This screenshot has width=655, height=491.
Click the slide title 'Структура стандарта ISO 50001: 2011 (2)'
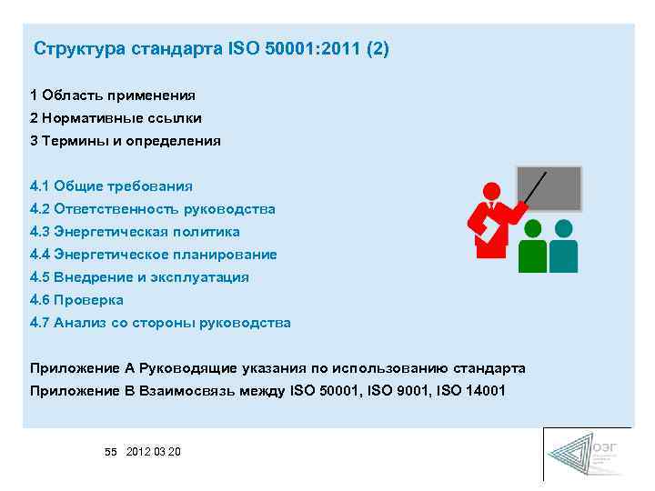pyautogui.click(x=211, y=48)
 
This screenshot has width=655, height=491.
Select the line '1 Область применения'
pyautogui.click(x=113, y=95)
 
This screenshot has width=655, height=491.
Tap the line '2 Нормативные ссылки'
pyautogui.click(x=116, y=118)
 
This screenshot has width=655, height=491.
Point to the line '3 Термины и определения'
pyautogui.click(x=126, y=141)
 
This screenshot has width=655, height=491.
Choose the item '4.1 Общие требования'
pyautogui.click(x=111, y=186)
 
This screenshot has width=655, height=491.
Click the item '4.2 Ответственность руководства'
pyautogui.click(x=152, y=209)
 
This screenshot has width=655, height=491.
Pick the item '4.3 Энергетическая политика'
pyautogui.click(x=135, y=232)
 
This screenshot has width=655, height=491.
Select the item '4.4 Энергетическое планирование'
pyautogui.click(x=153, y=255)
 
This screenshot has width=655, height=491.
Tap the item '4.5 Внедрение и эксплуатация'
pyautogui.click(x=139, y=277)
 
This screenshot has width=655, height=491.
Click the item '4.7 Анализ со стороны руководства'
pyautogui.click(x=160, y=323)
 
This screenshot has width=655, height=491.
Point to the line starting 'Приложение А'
pyautogui.click(x=277, y=368)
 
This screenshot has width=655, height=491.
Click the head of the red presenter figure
pyautogui.click(x=491, y=192)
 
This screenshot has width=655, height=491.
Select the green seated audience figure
pyautogui.click(x=532, y=246)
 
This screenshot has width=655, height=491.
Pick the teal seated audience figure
pyautogui.click(x=564, y=246)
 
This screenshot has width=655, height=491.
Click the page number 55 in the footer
pyautogui.click(x=111, y=452)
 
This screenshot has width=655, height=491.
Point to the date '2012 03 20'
pyautogui.click(x=154, y=452)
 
